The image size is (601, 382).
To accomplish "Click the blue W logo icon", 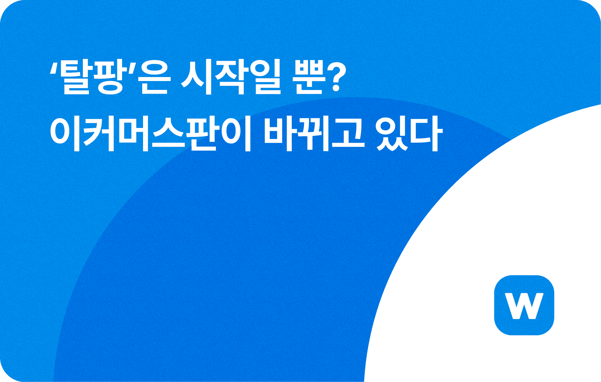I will click(524, 305).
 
